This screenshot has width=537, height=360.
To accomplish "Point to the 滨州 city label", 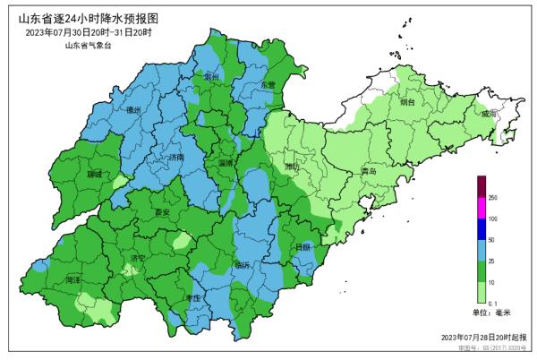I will click(213, 79).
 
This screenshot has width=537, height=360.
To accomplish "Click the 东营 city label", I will click(268, 85).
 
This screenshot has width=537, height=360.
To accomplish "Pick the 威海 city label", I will click(488, 115).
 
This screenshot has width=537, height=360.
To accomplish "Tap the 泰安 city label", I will click(162, 213).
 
